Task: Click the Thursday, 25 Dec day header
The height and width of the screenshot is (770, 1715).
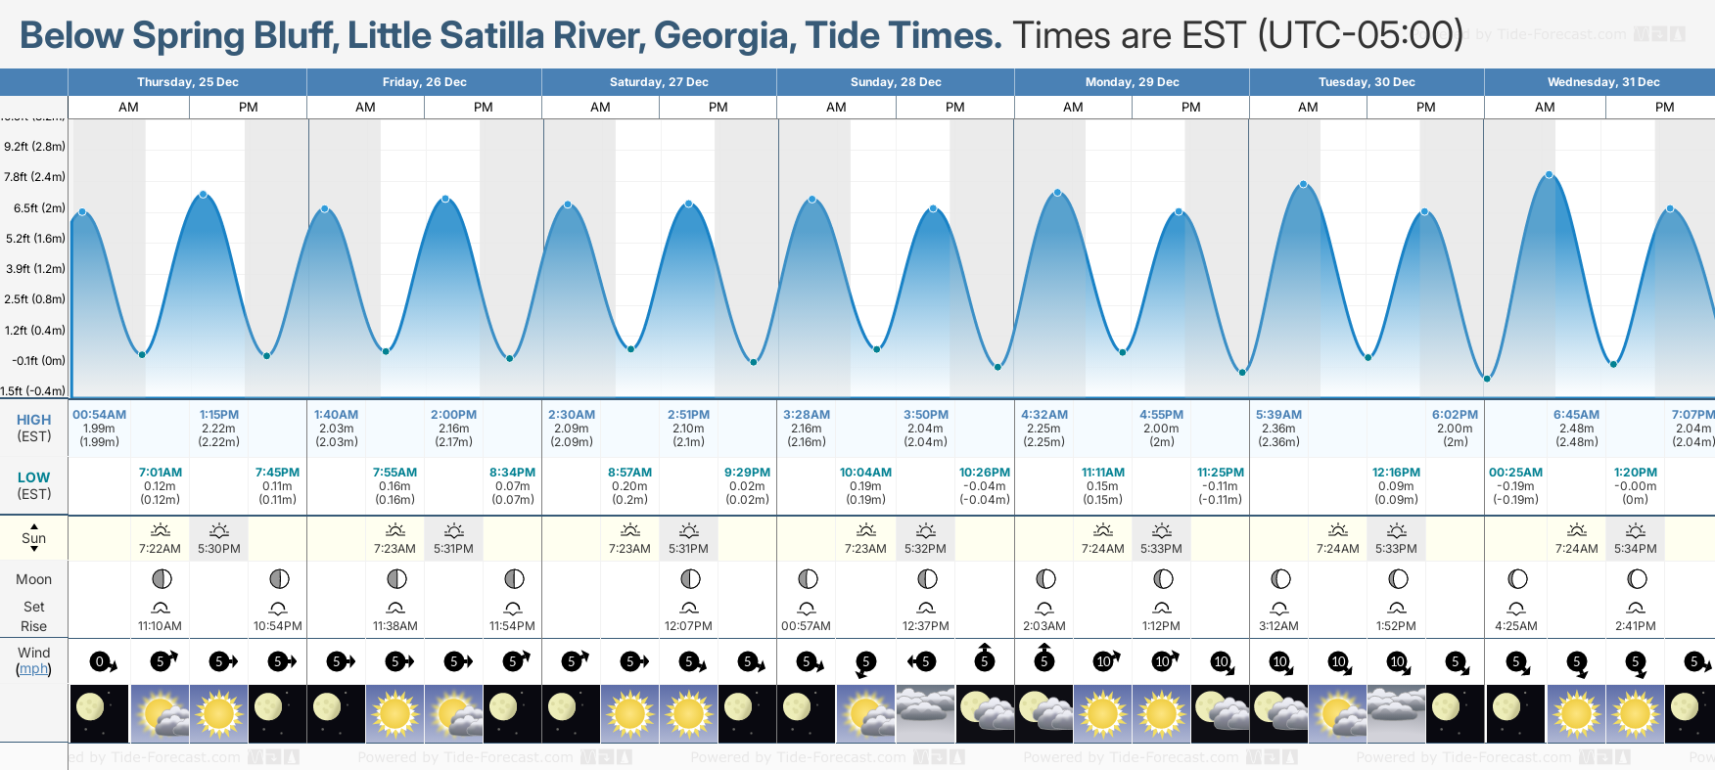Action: pos(187,82)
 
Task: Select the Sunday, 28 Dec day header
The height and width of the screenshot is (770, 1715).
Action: pos(896,82)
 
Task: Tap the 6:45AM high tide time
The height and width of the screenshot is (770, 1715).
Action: pos(1576,415)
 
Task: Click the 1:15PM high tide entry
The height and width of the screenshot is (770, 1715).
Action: pos(218,415)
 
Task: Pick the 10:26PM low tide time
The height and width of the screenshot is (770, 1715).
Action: pos(984,473)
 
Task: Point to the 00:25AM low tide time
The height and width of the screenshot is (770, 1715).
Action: pos(1515,473)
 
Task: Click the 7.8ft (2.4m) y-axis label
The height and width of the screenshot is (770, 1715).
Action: pos(34,177)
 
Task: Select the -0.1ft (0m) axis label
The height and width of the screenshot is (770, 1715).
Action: pos(38,361)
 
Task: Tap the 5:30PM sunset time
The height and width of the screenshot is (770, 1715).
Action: pos(218,549)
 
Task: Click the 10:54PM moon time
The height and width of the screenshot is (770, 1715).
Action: pos(277,626)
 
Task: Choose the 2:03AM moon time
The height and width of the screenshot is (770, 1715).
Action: pos(1044,626)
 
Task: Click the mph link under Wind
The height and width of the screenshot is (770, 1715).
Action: pos(33,669)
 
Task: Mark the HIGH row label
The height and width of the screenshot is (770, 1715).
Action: pos(33,420)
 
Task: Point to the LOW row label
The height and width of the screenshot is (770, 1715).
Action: pos(33,477)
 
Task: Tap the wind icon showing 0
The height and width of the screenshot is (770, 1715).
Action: pos(100,662)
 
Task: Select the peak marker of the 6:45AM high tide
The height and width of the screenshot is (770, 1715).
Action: pos(1550,175)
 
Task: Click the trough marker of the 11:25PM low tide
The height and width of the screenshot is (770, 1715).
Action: pos(1242,373)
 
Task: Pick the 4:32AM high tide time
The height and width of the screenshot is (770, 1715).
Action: pos(1043,415)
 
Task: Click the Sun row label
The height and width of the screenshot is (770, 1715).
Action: pos(33,538)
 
